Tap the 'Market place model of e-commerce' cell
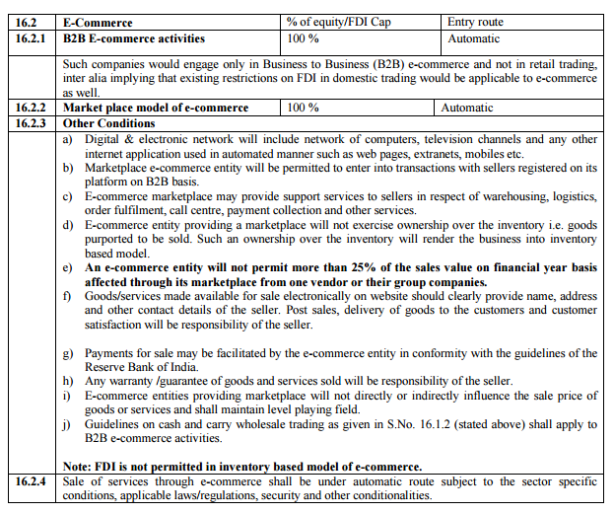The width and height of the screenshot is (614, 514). [x=156, y=108]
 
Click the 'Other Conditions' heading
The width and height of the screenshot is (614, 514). [x=108, y=123]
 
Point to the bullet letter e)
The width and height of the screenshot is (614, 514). [x=67, y=268]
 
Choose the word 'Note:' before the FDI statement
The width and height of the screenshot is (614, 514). [x=80, y=467]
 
